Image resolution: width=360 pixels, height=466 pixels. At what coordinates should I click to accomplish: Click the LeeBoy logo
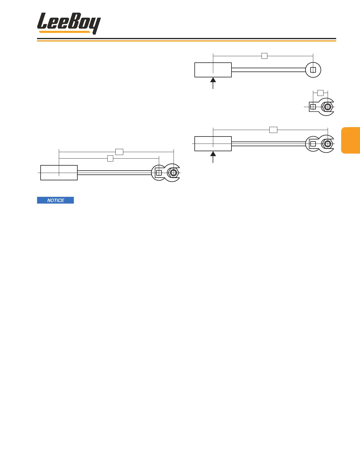[69, 23]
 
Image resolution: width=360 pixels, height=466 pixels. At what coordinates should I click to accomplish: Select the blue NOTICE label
[55, 200]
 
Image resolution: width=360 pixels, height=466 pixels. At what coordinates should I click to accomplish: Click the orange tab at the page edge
[351, 140]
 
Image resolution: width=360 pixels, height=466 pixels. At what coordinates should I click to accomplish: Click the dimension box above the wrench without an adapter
[264, 56]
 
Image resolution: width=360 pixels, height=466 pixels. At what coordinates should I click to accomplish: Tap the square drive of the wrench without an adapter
[313, 70]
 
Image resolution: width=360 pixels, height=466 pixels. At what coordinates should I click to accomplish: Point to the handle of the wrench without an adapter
[213, 70]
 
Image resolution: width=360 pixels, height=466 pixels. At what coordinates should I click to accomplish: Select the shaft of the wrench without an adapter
[268, 70]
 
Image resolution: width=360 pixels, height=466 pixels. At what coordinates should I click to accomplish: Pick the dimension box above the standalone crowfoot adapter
[320, 93]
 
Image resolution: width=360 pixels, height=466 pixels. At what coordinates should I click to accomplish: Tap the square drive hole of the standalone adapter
[313, 107]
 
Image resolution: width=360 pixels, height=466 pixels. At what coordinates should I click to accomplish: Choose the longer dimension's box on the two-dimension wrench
[119, 152]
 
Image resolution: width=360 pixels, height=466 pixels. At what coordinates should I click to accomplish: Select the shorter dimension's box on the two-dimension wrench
[110, 158]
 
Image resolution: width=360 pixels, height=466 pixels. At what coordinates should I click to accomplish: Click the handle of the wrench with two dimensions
[59, 173]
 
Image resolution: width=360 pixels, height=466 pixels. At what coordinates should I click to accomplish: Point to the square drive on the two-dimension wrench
[159, 173]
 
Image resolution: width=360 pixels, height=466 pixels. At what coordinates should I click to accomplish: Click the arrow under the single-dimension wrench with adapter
[213, 157]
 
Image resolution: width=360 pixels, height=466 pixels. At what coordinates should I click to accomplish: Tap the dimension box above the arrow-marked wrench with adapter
[273, 130]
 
